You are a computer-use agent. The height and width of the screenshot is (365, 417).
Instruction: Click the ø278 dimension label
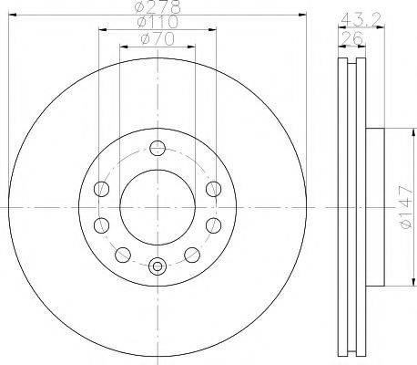pos(158,6)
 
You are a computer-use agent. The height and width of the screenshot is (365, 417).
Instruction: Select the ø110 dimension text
pos(158,22)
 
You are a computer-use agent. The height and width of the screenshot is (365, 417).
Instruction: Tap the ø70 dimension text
pos(158,39)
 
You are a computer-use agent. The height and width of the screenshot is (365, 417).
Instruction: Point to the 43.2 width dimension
pos(361,20)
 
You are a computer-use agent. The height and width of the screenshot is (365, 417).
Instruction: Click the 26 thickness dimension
pos(352,38)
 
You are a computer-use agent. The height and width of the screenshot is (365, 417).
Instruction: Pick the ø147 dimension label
pos(406,207)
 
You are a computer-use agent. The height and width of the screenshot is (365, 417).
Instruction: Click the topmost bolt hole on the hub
pos(158,149)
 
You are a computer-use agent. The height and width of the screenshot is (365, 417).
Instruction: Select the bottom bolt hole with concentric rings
pos(158,266)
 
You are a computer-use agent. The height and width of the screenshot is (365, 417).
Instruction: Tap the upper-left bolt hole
pos(101,189)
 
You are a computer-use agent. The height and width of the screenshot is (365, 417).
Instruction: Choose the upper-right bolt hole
pos(213,189)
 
